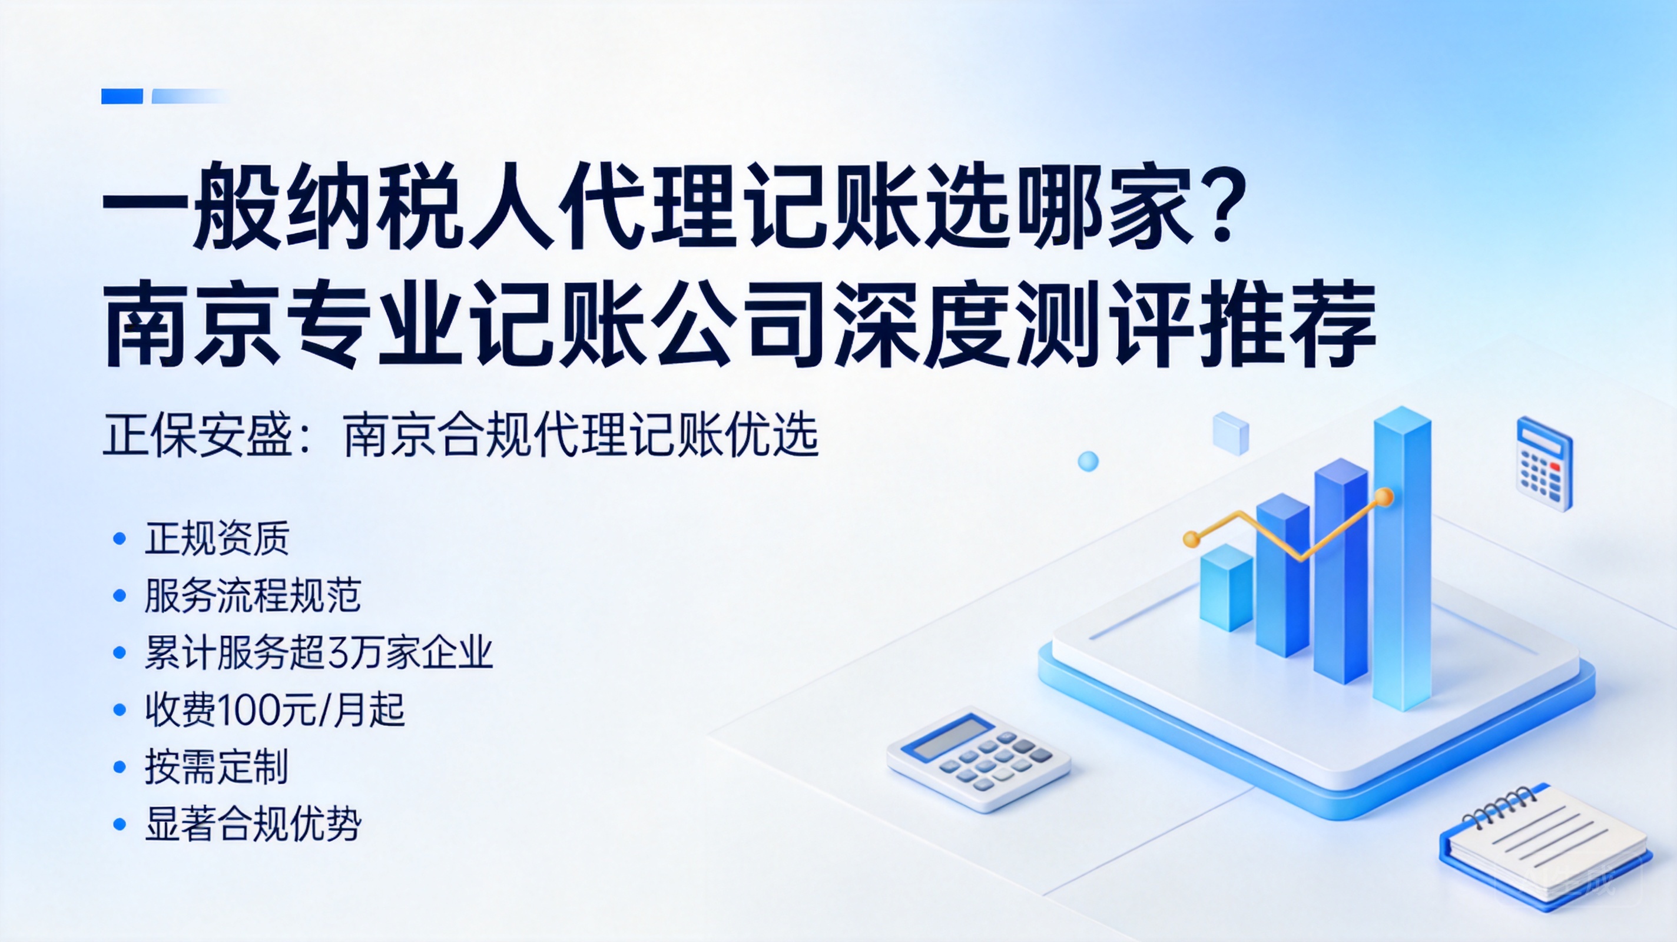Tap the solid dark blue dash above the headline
[122, 97]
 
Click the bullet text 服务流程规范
[253, 595]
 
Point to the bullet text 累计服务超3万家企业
[319, 652]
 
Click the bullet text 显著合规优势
[253, 824]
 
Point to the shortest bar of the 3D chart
[1227, 587]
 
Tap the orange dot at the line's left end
[1191, 539]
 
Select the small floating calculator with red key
[1544, 463]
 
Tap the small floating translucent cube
[1231, 433]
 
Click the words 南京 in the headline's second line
[193, 324]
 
